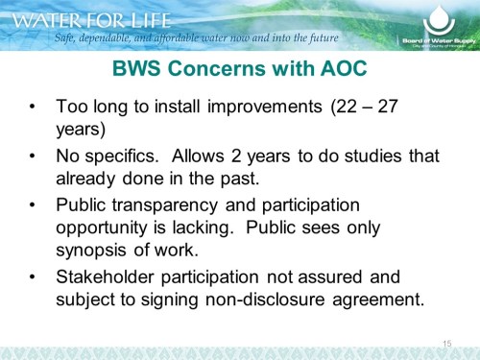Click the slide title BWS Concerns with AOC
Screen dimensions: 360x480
(239, 71)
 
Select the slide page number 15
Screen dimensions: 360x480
(446, 343)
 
